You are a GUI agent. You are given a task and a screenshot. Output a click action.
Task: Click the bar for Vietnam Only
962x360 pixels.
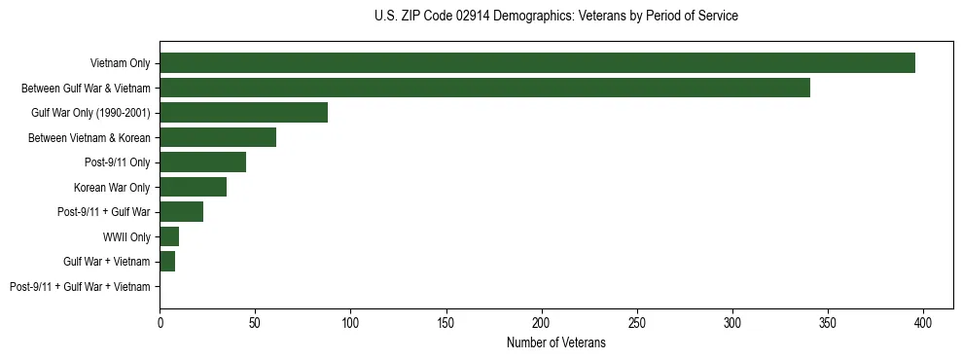tap(537, 63)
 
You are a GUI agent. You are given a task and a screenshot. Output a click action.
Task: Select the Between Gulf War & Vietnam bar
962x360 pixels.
tap(484, 88)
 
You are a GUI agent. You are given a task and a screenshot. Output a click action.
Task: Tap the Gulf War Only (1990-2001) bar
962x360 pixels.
tap(243, 113)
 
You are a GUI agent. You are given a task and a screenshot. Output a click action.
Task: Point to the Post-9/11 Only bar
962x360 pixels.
tap(202, 162)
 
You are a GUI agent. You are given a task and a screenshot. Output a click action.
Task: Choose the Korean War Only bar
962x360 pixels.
tap(193, 187)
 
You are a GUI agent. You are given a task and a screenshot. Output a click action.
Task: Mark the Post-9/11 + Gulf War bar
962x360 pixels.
tap(181, 212)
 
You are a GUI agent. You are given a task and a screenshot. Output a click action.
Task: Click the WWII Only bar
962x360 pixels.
tap(169, 236)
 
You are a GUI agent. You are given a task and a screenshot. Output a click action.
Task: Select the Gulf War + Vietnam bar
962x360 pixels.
tap(167, 262)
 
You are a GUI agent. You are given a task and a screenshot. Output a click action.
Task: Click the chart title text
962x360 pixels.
tap(555, 17)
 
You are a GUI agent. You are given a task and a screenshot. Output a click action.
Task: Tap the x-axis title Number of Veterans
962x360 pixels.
tap(555, 342)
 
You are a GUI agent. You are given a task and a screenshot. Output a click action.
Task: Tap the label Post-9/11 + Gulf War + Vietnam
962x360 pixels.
tap(80, 287)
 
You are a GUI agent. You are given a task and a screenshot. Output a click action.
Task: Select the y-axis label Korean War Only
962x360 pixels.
tap(112, 187)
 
